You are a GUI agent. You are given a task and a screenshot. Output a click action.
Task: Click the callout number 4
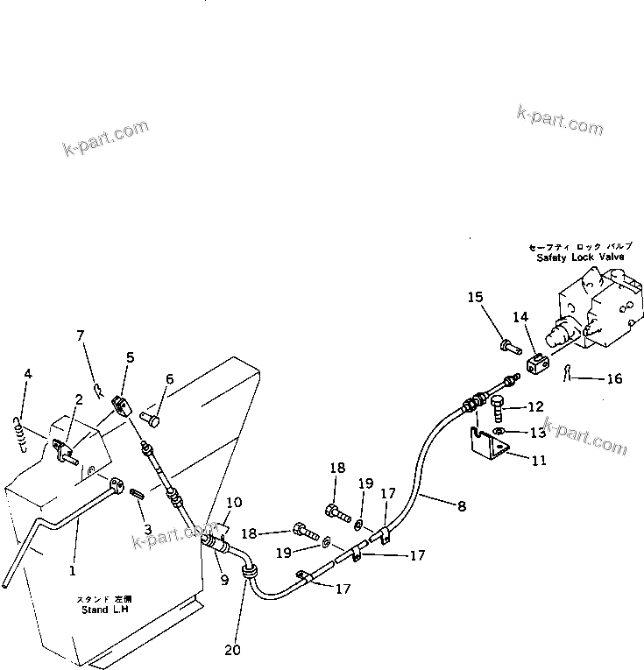point(28,374)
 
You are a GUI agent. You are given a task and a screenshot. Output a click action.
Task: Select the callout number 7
point(80,335)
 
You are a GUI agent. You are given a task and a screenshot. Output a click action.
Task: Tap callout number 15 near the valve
point(474,298)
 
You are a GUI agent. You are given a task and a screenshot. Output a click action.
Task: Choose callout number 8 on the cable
point(461,505)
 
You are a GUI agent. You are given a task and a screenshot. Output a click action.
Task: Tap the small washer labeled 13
point(499,431)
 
